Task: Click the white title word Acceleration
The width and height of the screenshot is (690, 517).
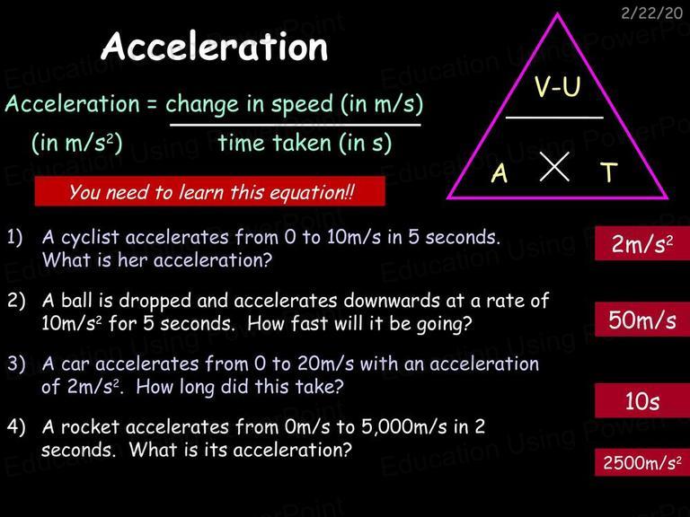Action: click(x=215, y=47)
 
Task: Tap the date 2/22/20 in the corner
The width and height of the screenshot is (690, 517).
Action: click(x=651, y=13)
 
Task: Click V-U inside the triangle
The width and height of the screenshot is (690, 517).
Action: click(x=558, y=86)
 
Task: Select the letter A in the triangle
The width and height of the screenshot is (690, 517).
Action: click(x=500, y=172)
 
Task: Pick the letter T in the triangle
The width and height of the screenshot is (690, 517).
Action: click(x=609, y=172)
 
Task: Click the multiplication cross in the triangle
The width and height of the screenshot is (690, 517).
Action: click(x=554, y=167)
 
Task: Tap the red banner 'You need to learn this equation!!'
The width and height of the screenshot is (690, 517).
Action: click(x=210, y=191)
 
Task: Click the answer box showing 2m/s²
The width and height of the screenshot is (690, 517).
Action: click(x=642, y=243)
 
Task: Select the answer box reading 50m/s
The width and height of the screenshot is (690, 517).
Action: click(x=642, y=320)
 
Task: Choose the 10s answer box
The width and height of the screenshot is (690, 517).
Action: click(x=642, y=400)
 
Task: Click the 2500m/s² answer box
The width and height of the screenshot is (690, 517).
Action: click(x=642, y=462)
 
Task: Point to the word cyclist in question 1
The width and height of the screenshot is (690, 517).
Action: click(x=90, y=238)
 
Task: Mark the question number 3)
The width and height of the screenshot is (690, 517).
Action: click(x=16, y=364)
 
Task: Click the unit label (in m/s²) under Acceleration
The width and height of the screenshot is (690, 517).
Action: click(x=77, y=143)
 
